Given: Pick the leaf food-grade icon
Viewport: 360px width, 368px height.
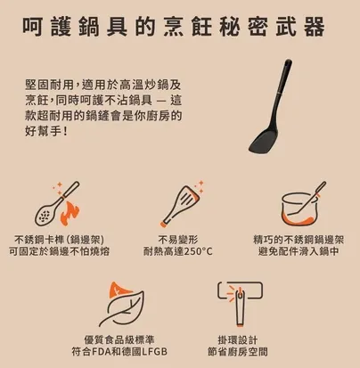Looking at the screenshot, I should click(x=122, y=305).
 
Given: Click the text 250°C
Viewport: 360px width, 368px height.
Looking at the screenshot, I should click(x=198, y=251).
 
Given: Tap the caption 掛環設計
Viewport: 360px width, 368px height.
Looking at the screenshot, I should click(x=241, y=339).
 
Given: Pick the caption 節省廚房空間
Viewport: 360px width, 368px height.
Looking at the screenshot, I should click(x=241, y=353).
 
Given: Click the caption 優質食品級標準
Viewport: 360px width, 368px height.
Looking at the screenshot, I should click(x=122, y=339).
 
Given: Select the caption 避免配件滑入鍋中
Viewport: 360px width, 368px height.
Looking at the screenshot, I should click(x=300, y=251).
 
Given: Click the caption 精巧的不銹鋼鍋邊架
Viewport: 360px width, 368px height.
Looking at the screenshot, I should click(x=300, y=238).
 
